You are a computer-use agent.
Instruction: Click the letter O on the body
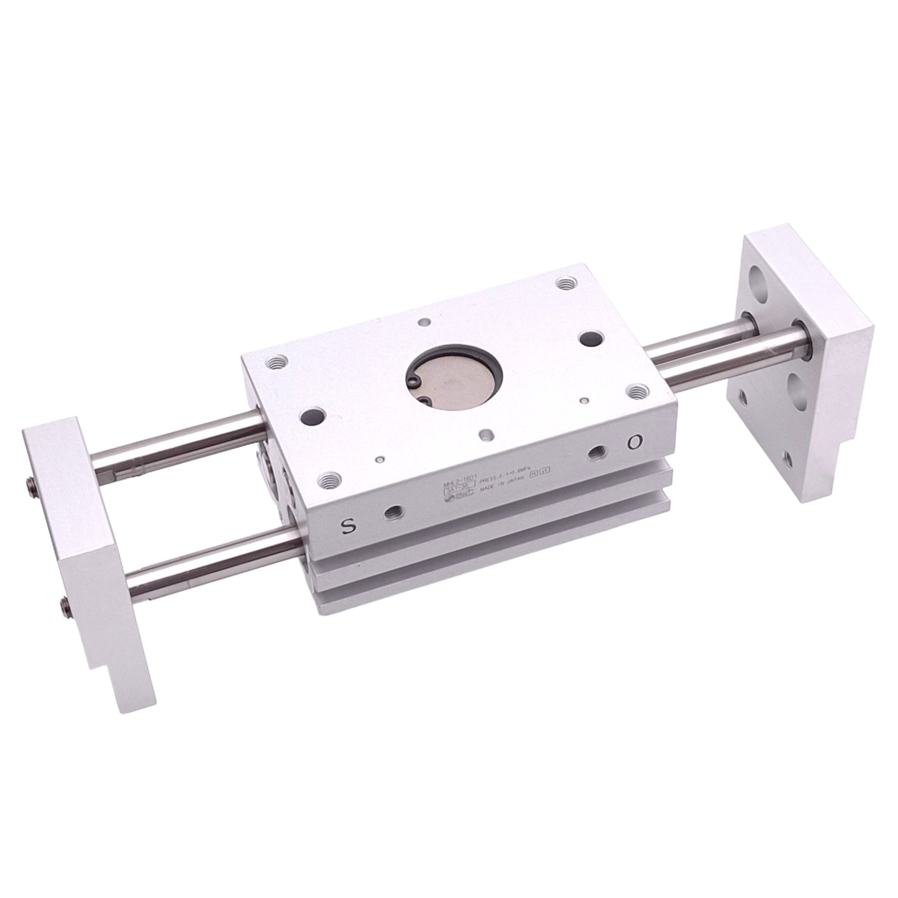[x=634, y=442]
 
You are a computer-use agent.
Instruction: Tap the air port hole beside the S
[x=393, y=513]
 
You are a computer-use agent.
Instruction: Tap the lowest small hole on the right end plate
[x=788, y=460]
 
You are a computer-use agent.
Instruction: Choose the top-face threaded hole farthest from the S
[x=564, y=284]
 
